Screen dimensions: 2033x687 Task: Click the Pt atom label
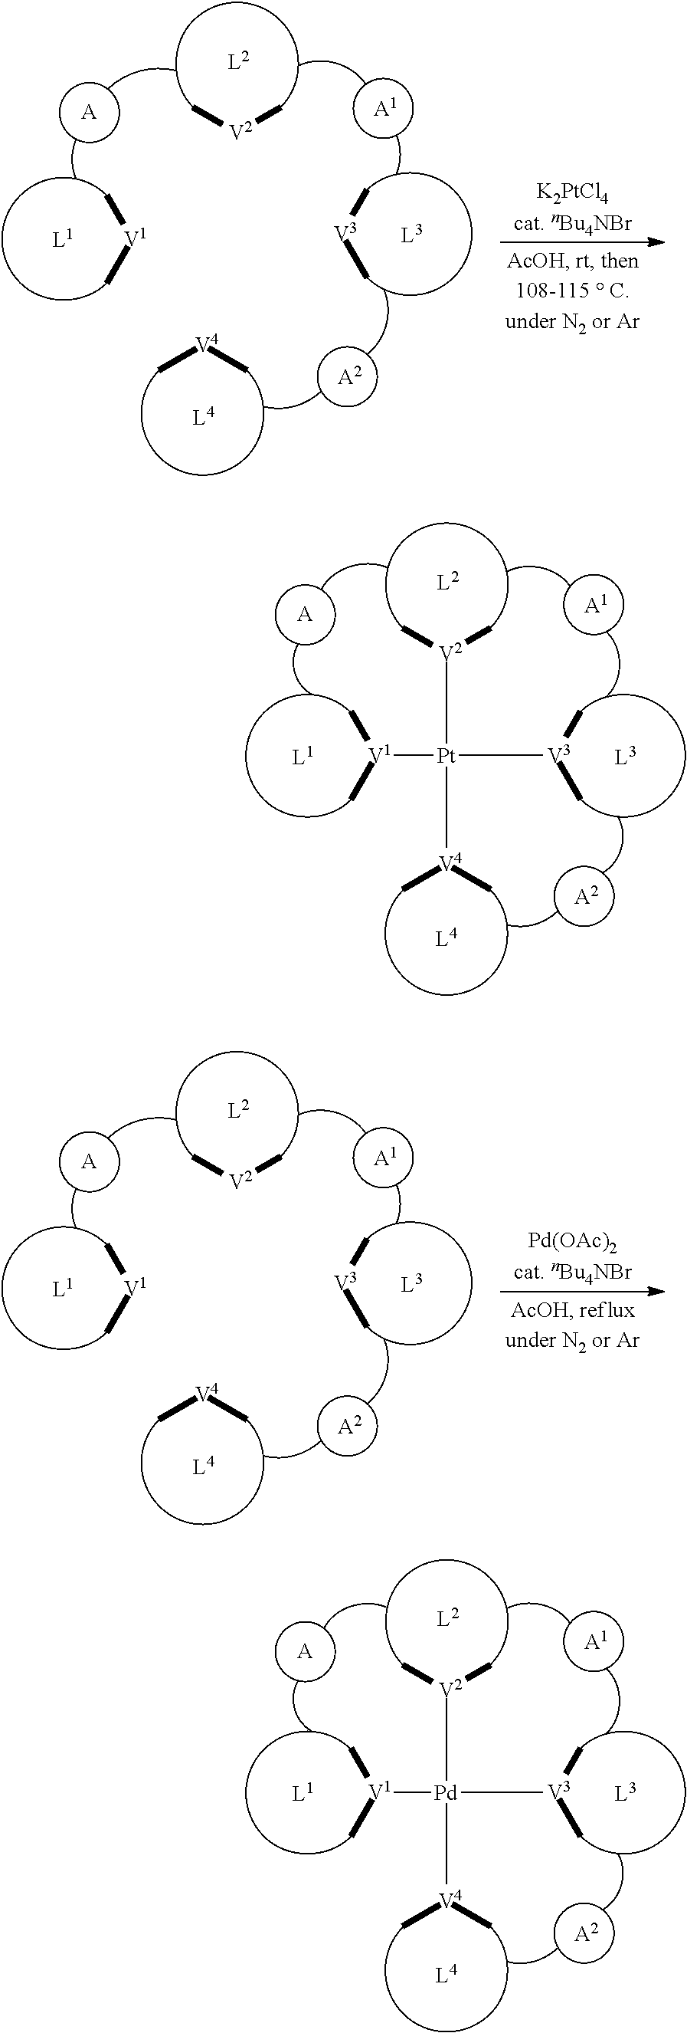[447, 756]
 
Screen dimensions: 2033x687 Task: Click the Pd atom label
[447, 1793]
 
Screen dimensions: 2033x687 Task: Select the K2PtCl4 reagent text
[573, 192]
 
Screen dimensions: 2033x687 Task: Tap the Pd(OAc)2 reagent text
[573, 1242]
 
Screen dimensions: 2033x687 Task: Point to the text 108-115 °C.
[573, 291]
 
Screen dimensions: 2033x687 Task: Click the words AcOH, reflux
[573, 1310]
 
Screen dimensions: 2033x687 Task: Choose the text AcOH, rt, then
[573, 261]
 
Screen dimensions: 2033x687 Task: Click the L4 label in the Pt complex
[447, 938]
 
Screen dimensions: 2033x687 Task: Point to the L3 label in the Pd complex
[625, 1794]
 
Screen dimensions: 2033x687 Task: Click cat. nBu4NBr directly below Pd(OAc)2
[573, 1273]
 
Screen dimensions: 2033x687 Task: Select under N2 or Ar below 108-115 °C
[573, 322]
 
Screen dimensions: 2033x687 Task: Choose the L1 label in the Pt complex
[303, 757]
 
